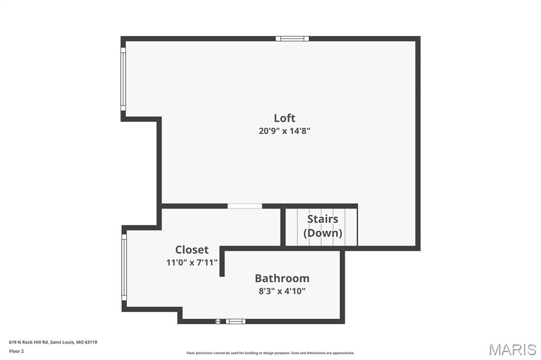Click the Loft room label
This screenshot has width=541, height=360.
pyautogui.click(x=284, y=118)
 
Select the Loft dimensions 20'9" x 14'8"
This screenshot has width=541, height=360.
pyautogui.click(x=284, y=131)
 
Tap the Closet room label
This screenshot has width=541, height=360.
pyautogui.click(x=192, y=250)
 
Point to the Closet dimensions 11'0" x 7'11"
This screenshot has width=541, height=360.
pyautogui.click(x=192, y=262)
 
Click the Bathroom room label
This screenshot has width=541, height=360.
pyautogui.click(x=282, y=278)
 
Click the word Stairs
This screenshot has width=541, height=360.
pyautogui.click(x=322, y=219)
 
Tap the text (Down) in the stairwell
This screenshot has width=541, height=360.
pyautogui.click(x=322, y=233)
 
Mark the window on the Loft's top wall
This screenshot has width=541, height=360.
pyautogui.click(x=292, y=39)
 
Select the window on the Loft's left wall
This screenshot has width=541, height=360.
pyautogui.click(x=123, y=79)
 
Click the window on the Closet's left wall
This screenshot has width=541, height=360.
pyautogui.click(x=124, y=267)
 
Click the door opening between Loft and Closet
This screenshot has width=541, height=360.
pyautogui.click(x=245, y=206)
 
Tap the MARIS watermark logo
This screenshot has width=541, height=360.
pyautogui.click(x=512, y=349)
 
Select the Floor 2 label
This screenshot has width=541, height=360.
pyautogui.click(x=16, y=351)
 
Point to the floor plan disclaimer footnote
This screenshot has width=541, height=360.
pyautogui.click(x=270, y=353)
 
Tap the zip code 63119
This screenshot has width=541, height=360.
pyautogui.click(x=91, y=342)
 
